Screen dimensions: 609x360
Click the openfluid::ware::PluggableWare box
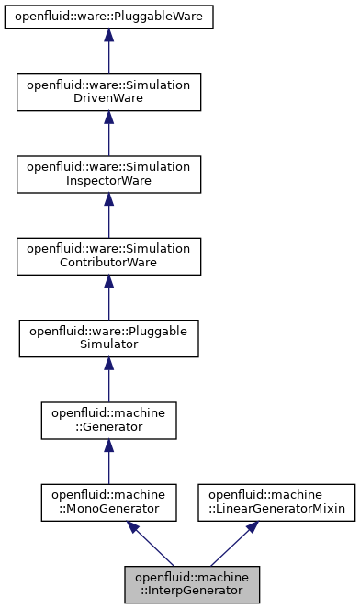coord(108,17)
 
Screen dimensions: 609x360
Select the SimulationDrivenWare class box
coord(108,93)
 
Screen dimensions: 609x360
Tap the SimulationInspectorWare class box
coord(108,174)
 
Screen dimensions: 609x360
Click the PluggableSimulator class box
coord(108,337)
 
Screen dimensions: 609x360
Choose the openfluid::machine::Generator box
coord(108,418)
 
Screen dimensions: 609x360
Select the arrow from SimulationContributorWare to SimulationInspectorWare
coord(108,215)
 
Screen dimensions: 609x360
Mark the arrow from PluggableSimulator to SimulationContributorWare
coord(108,297)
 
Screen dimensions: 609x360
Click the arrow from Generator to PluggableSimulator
coord(108,378)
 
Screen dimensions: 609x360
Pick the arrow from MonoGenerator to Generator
coord(108,459)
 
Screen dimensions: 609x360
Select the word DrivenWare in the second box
coord(108,100)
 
